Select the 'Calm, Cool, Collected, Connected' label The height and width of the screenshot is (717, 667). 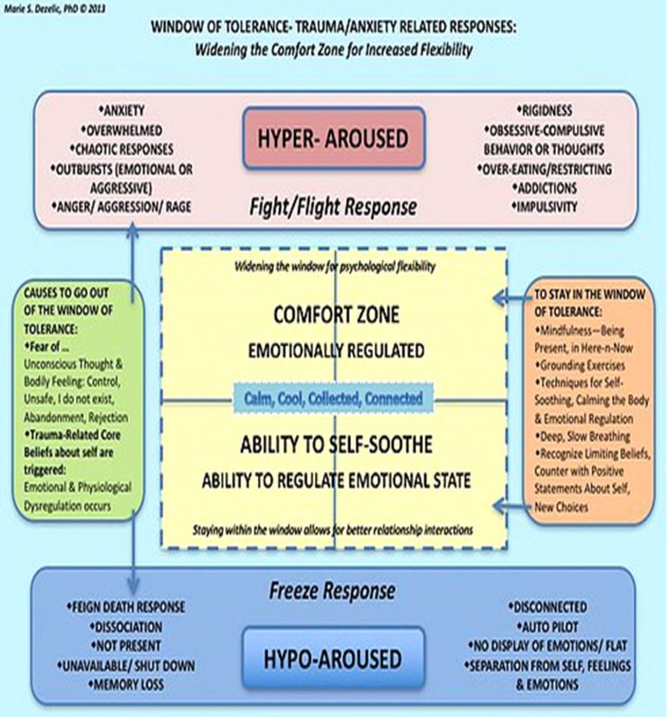(x=333, y=398)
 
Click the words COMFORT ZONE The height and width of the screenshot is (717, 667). (x=333, y=317)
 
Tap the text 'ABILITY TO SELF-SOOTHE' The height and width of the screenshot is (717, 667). (x=333, y=446)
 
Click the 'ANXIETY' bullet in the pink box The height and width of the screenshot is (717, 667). (x=123, y=110)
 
